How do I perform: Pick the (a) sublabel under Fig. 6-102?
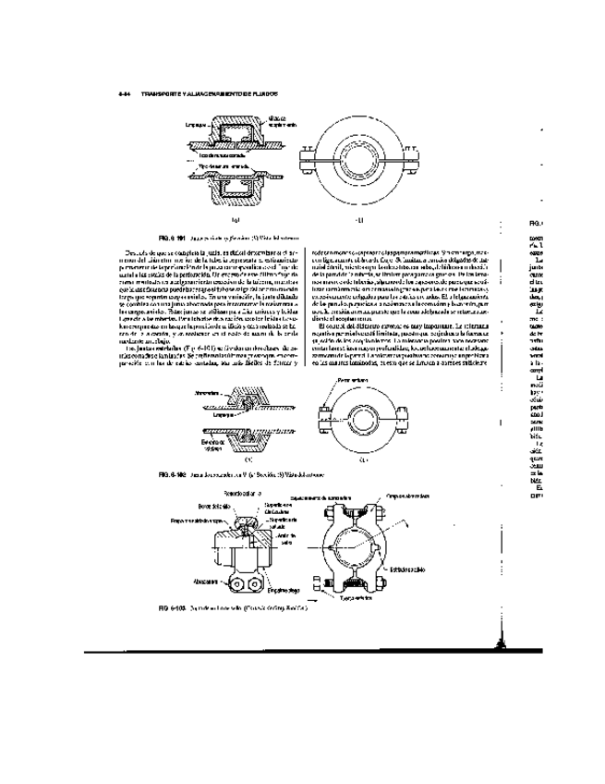click(x=248, y=459)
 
